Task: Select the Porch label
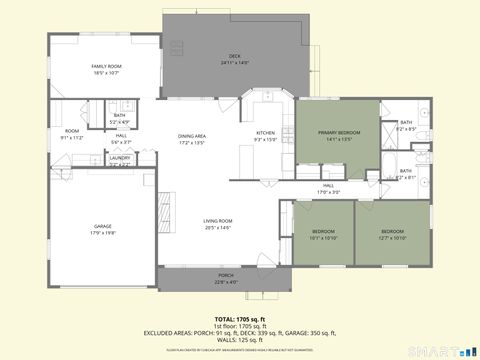(x=226, y=278)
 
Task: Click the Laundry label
(x=120, y=158)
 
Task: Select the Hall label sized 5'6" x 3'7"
(x=120, y=138)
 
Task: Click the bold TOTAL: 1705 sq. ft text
(x=239, y=318)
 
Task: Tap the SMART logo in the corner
(x=444, y=350)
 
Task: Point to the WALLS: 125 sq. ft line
(x=239, y=339)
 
